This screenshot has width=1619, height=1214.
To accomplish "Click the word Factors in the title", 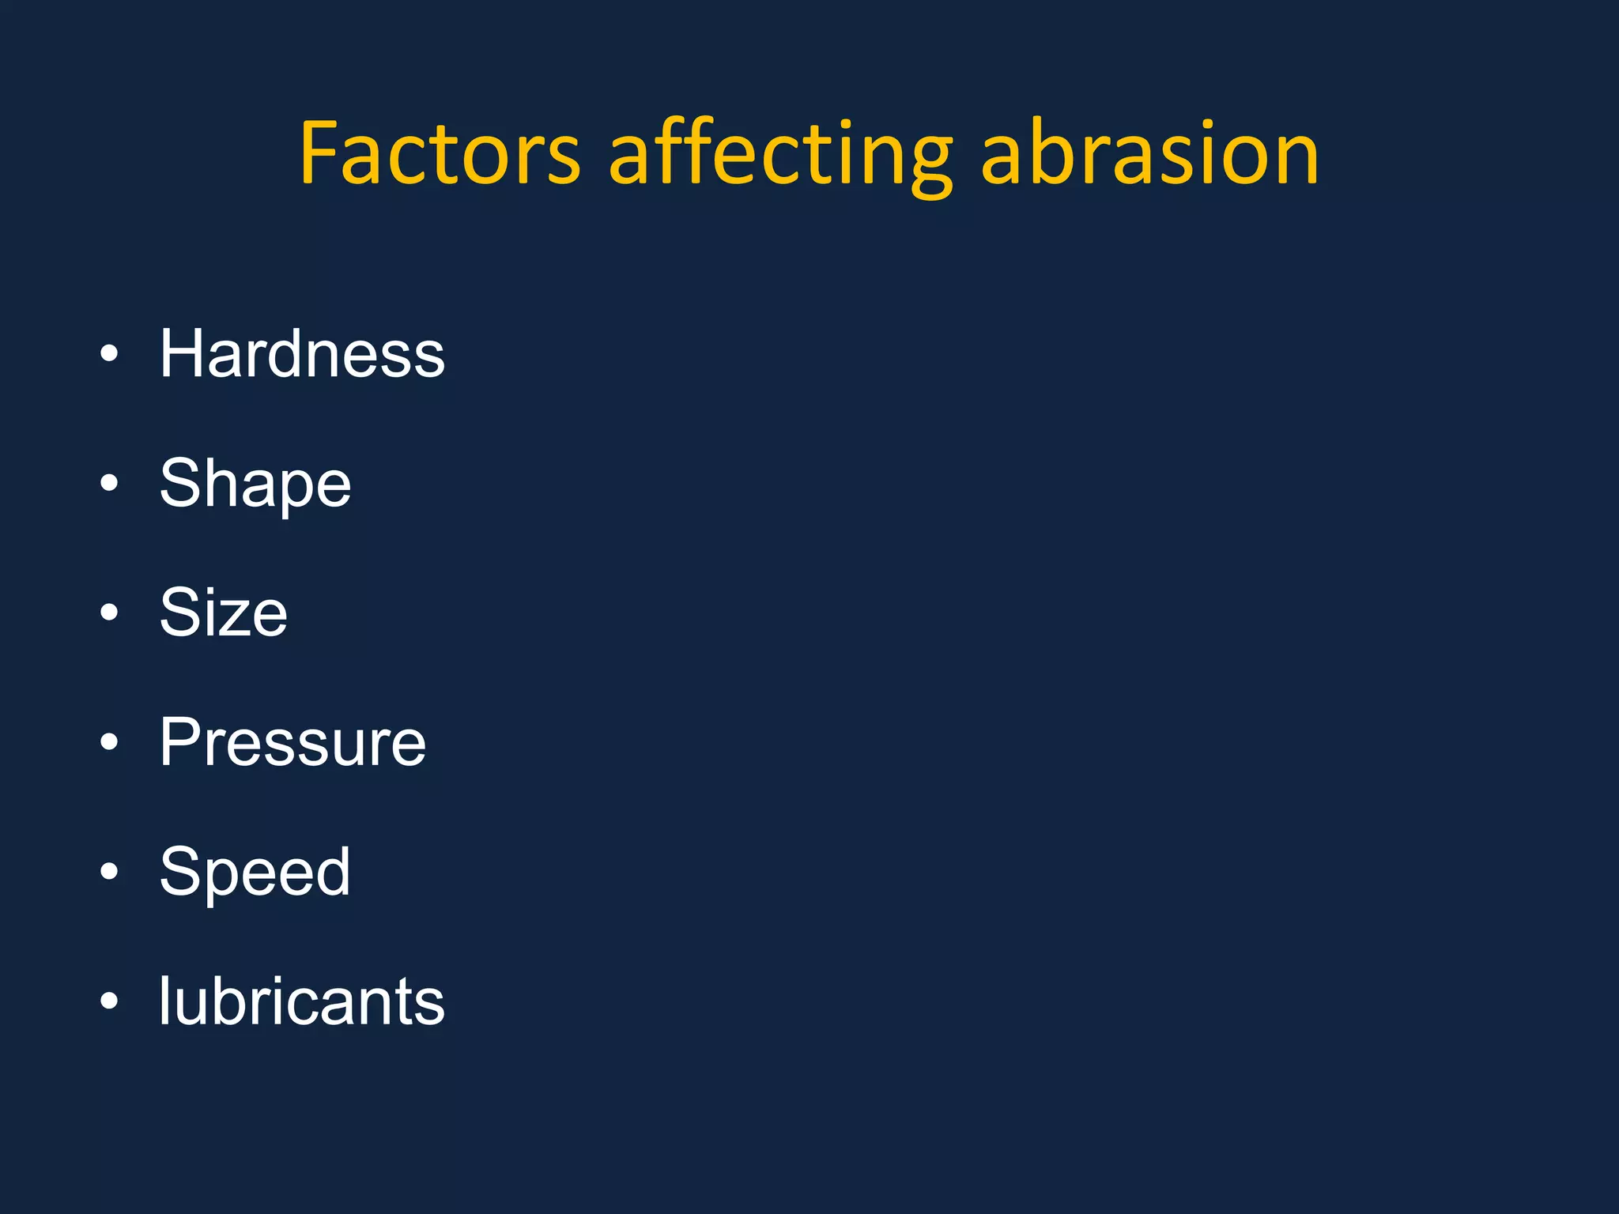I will [440, 154].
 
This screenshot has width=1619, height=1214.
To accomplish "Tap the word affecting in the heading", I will [780, 154].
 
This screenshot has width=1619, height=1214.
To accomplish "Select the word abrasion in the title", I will [1149, 154].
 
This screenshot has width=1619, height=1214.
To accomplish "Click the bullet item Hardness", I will [302, 354].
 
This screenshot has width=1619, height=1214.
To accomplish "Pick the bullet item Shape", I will [255, 484].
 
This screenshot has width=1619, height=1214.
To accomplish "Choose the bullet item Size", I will [223, 613].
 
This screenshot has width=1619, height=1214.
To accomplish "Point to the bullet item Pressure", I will [292, 742].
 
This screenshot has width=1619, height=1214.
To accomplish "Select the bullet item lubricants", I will [301, 1001].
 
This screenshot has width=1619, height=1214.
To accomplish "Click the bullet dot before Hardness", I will [109, 353].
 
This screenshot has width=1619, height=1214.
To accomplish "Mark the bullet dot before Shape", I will [109, 483].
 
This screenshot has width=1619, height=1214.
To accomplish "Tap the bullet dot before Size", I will [109, 612].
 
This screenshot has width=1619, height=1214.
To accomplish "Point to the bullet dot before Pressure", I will [109, 741].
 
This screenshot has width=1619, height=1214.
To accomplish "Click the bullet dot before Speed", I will [109, 871].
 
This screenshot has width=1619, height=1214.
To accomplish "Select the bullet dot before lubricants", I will [109, 1001].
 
